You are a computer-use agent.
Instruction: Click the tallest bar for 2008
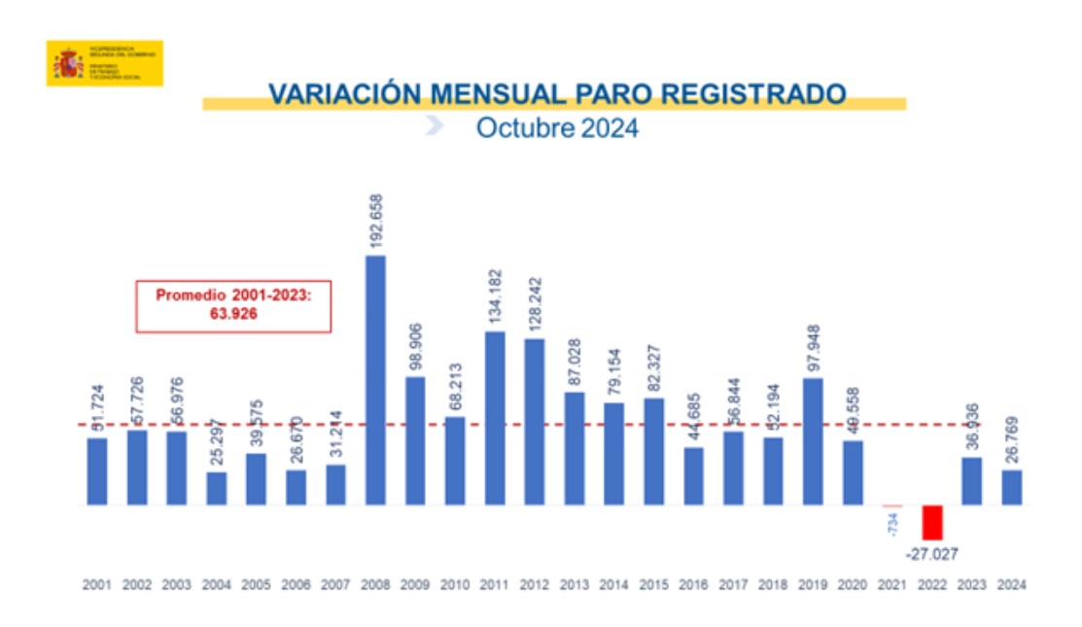[x=375, y=380]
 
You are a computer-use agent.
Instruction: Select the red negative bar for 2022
[x=932, y=522]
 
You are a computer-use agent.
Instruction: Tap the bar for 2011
[x=495, y=418]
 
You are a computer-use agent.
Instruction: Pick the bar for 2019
[x=813, y=441]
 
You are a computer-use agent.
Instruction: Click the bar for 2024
[x=1012, y=487]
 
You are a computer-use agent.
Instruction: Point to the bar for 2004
[x=216, y=488]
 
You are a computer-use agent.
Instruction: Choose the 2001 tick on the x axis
[x=96, y=585]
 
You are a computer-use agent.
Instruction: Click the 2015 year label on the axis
[x=653, y=585]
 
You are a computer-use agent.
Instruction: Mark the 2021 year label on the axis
[x=892, y=585]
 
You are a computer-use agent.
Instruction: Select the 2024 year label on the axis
[x=1012, y=585]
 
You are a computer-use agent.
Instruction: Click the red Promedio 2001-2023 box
[x=233, y=305]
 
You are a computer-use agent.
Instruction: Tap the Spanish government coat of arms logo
[x=68, y=63]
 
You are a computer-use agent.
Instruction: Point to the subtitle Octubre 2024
[x=557, y=128]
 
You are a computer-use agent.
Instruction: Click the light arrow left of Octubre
[x=435, y=125]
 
